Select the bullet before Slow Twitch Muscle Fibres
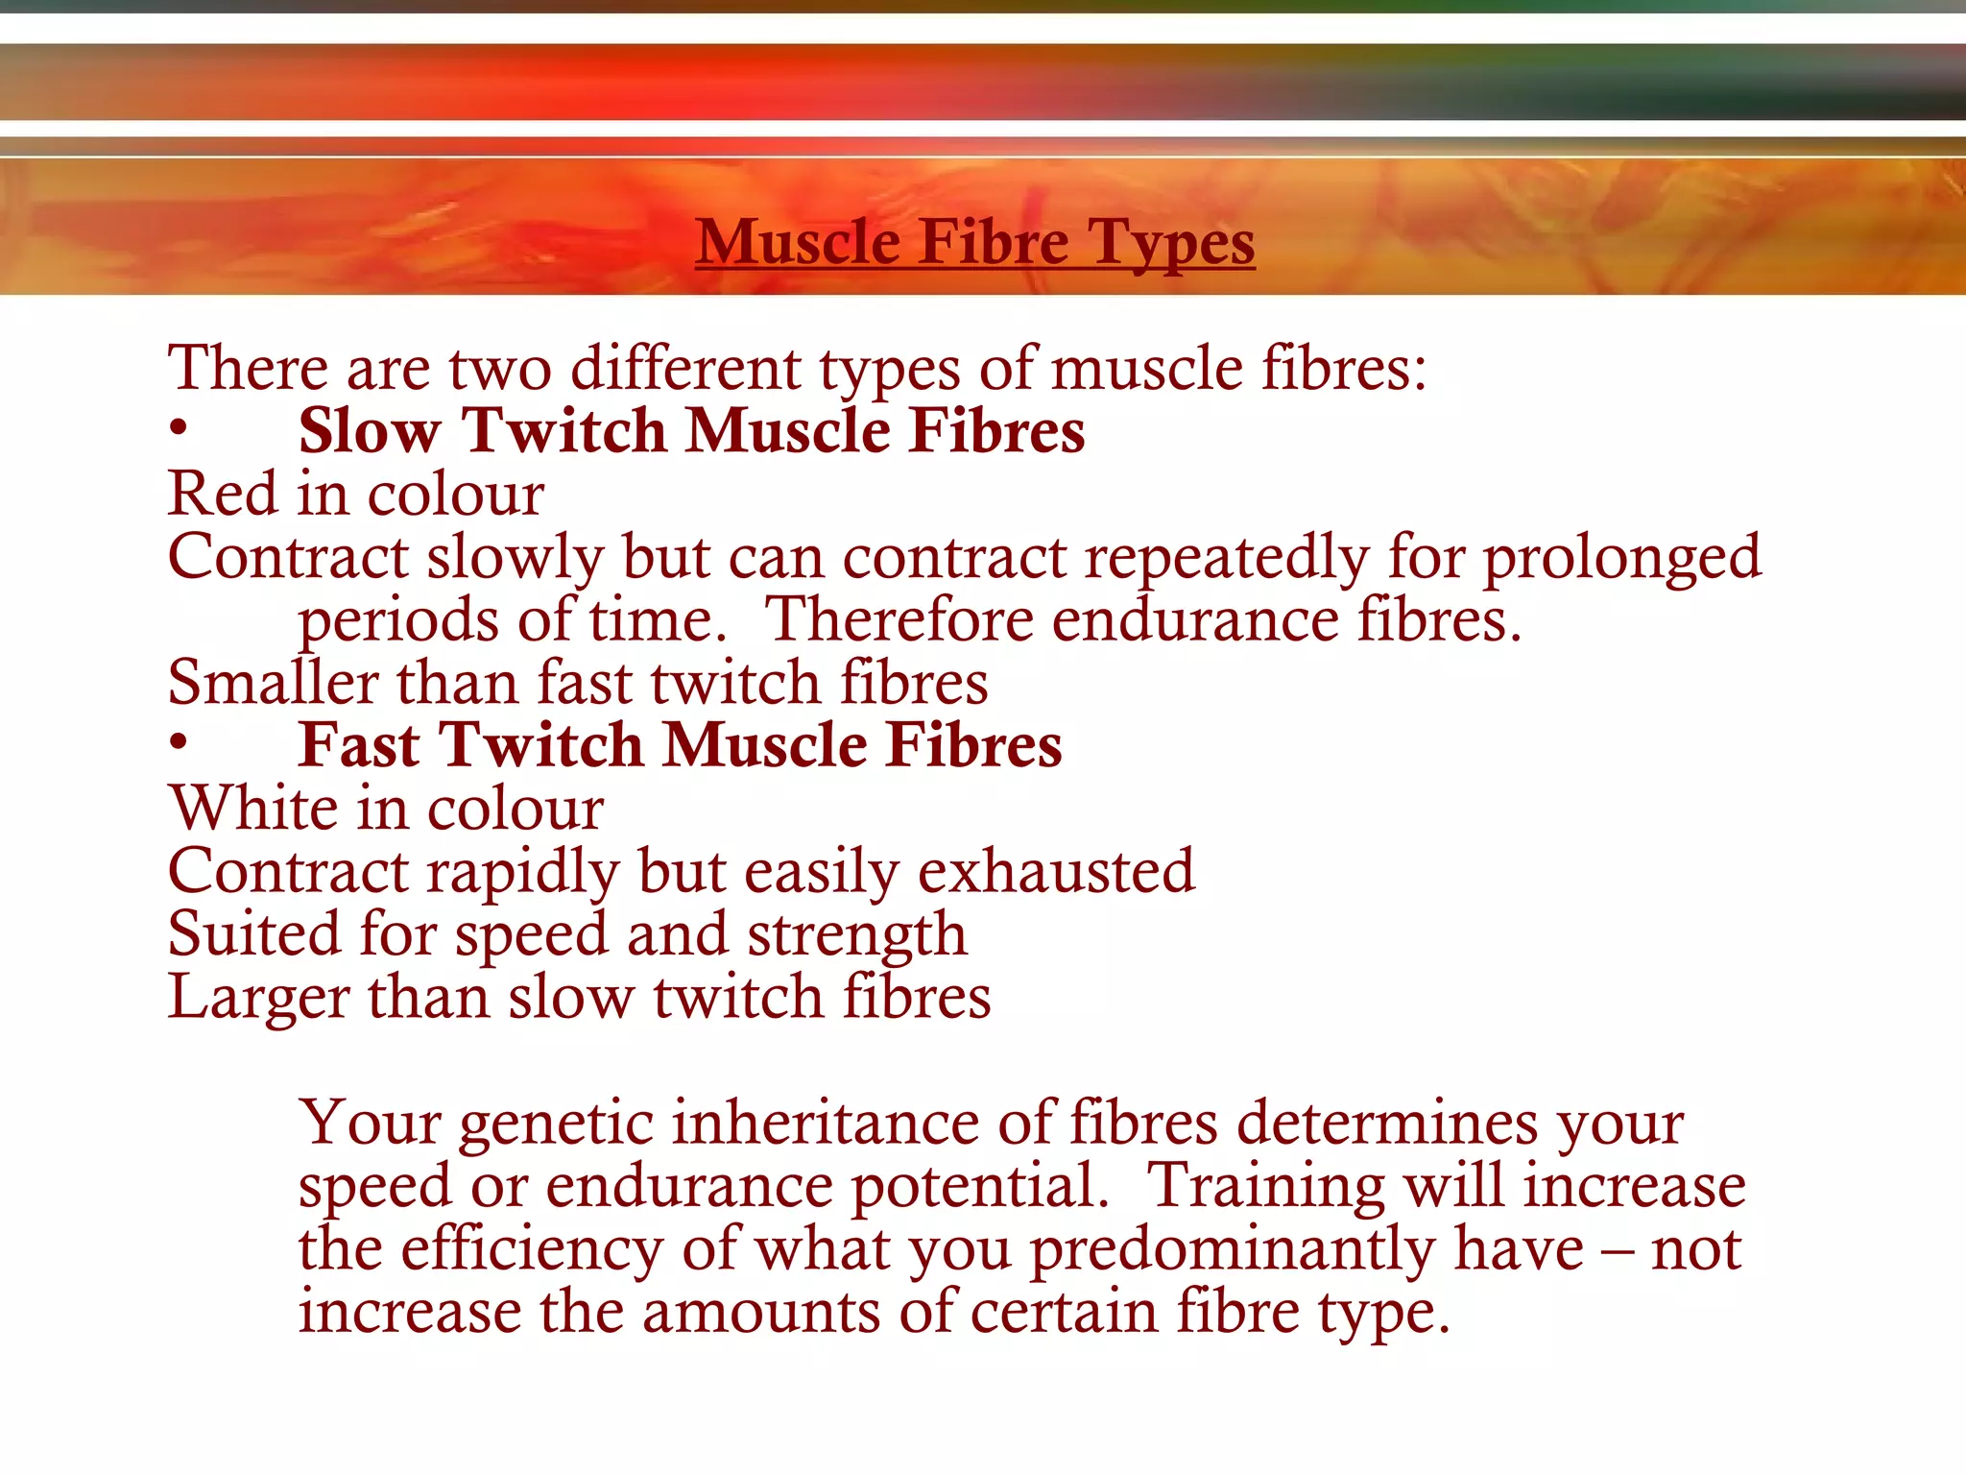coord(178,429)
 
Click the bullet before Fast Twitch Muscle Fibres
coord(178,743)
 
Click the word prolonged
coord(1622,558)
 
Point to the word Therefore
coord(898,619)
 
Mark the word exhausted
coord(1056,871)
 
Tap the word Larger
coord(257,998)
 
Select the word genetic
coord(556,1124)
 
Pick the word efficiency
coord(531,1249)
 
